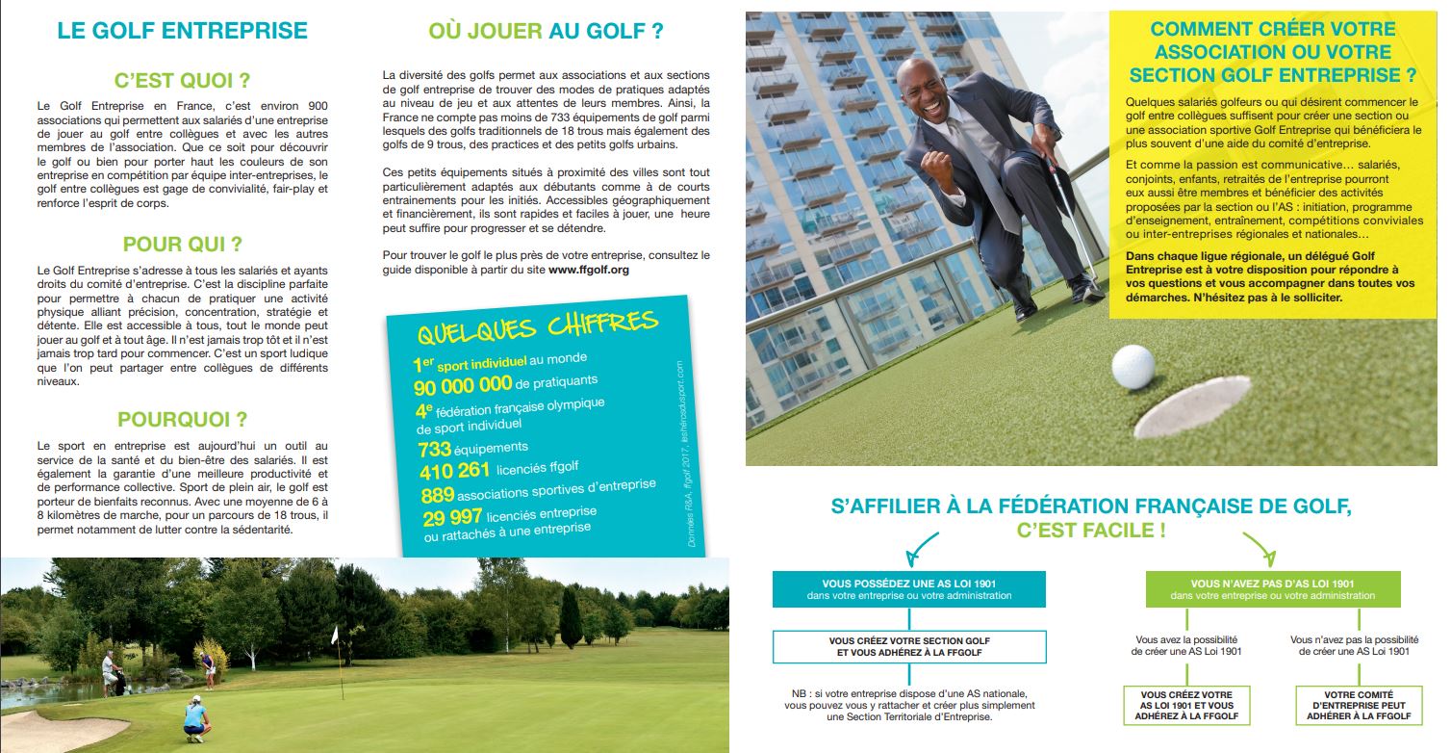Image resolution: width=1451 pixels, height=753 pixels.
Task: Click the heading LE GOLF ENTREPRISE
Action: [182, 30]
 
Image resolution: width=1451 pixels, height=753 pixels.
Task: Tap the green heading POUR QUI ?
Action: [182, 244]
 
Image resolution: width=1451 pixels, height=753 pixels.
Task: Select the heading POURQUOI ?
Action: [182, 420]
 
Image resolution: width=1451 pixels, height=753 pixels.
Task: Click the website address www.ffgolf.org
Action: [588, 271]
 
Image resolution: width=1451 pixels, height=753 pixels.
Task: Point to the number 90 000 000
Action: [463, 386]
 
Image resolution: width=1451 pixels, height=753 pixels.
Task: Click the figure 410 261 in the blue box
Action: [455, 471]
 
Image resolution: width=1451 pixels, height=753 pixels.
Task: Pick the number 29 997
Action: [451, 518]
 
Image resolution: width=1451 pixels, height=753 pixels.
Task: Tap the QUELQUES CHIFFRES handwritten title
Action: [537, 326]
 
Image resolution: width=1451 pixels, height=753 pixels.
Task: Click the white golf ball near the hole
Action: [1133, 366]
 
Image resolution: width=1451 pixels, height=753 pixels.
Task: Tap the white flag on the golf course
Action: [335, 634]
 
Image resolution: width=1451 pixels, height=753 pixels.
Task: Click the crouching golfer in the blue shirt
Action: [197, 717]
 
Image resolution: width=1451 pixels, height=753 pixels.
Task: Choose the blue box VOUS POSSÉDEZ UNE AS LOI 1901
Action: [909, 589]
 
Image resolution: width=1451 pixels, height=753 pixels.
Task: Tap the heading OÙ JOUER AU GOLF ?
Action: [546, 31]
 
